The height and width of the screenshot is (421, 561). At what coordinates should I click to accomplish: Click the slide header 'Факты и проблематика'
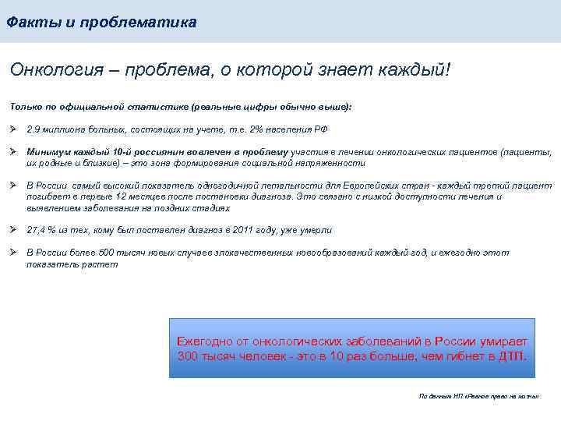pos(101,23)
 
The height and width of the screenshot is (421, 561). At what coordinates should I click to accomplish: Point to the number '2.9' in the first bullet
pos(34,129)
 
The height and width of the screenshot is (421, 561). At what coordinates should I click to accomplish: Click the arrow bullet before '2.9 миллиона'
pos(14,129)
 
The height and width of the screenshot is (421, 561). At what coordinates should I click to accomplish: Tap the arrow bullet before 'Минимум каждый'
pos(14,152)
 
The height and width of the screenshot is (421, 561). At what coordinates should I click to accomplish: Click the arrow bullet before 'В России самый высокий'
pos(14,186)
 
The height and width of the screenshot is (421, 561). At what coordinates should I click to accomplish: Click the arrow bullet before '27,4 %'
pos(14,230)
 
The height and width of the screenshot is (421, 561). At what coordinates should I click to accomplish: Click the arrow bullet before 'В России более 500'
pos(14,253)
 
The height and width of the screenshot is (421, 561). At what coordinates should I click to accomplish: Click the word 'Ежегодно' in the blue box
pos(203,341)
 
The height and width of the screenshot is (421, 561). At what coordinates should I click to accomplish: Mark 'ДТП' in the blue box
pos(512,356)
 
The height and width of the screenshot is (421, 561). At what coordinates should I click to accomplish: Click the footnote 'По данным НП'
pos(441,396)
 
